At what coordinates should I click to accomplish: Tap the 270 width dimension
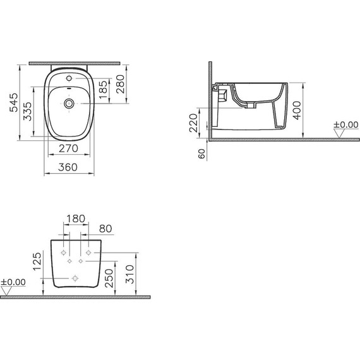click(68, 148)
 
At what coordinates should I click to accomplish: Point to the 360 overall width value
click(68, 167)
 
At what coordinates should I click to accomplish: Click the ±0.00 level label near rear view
click(14, 282)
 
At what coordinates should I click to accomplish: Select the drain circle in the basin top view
click(68, 101)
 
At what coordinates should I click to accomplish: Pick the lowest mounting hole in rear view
click(76, 278)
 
